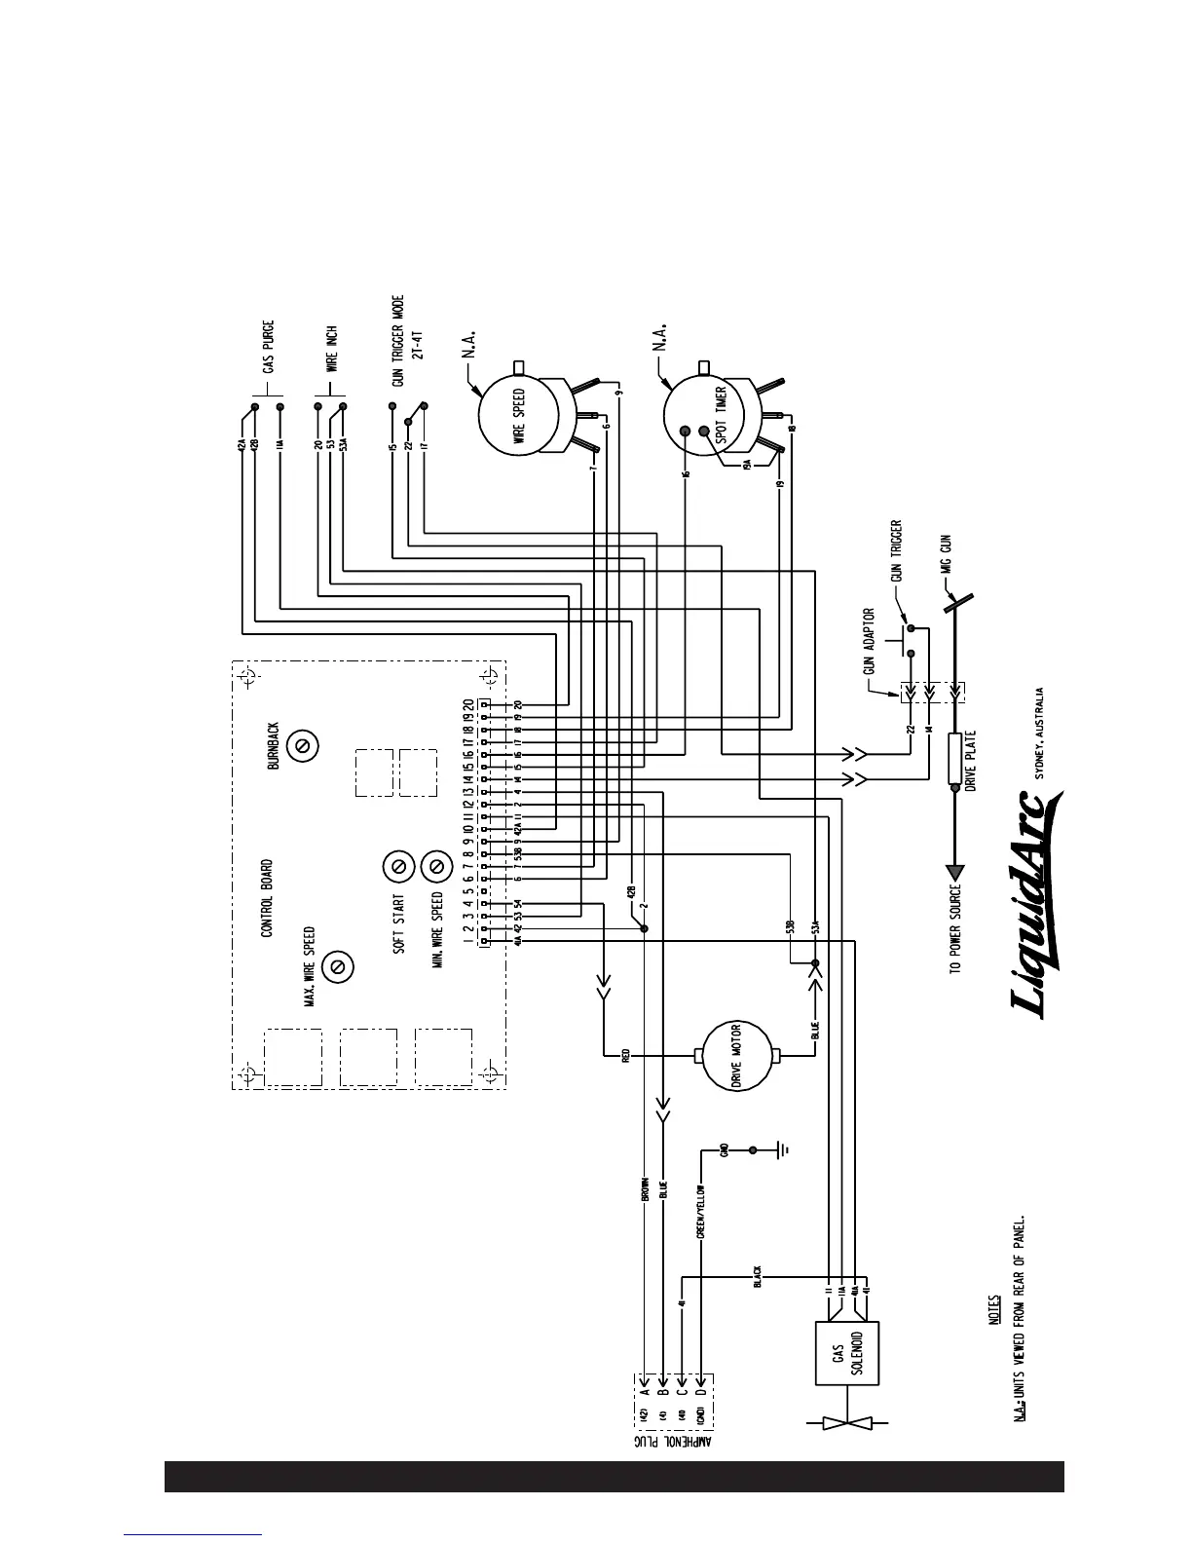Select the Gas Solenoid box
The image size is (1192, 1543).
[x=846, y=1352]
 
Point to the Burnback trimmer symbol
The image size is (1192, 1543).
[x=303, y=745]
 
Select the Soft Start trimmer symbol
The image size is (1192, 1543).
[x=397, y=865]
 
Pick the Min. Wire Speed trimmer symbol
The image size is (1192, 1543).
[x=435, y=865]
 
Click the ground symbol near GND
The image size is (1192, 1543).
[x=782, y=1150]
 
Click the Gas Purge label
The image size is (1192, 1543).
[x=268, y=348]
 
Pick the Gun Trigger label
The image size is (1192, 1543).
[x=896, y=553]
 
